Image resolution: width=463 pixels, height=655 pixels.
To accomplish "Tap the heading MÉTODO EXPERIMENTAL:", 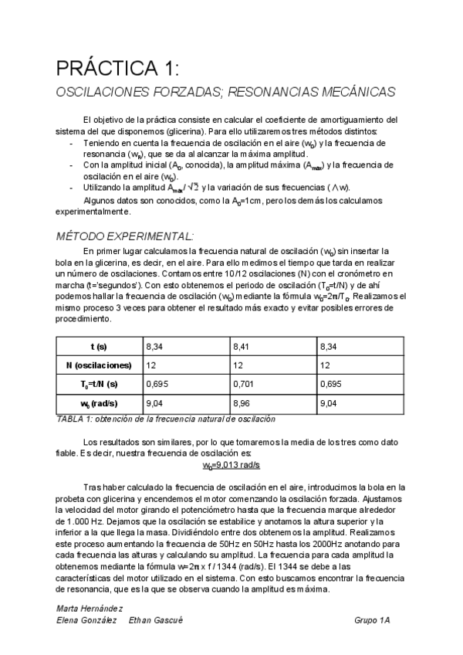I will tap(127, 236).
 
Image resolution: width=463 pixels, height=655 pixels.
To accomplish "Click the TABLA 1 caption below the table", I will tap(166, 419).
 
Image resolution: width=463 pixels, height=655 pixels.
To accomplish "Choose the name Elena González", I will tap(86, 620).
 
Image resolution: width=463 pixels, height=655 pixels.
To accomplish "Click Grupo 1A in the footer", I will tap(373, 620).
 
